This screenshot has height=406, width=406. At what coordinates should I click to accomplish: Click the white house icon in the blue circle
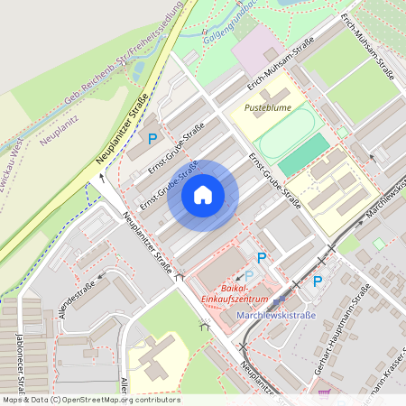coord(203,194)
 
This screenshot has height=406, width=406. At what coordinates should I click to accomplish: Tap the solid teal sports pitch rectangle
coord(304,155)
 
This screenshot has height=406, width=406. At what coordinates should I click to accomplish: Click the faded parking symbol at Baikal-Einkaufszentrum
coord(249,274)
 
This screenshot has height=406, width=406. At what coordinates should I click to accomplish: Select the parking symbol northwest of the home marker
coord(152,139)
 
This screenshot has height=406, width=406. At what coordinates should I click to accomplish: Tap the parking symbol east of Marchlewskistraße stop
coord(317,281)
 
